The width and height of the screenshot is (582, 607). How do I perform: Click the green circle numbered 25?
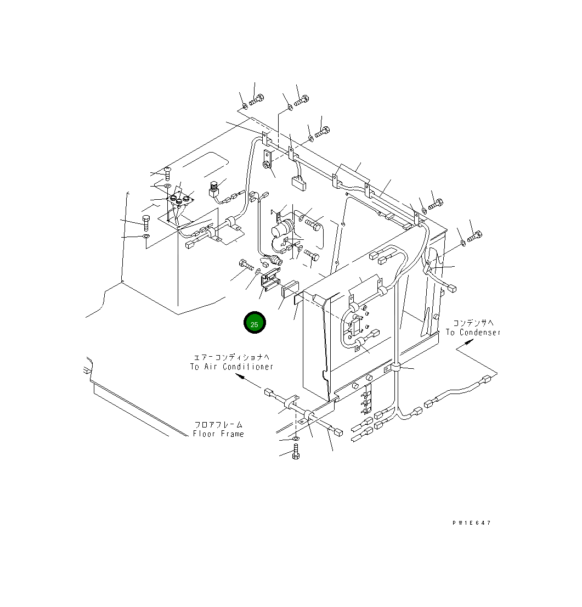pyautogui.click(x=254, y=323)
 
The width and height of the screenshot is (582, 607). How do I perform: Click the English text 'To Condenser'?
pyautogui.click(x=473, y=333)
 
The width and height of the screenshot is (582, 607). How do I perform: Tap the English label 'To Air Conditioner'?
pyautogui.click(x=232, y=367)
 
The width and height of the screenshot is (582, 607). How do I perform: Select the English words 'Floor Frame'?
pyautogui.click(x=219, y=434)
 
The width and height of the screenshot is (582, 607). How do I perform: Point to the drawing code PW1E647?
pyautogui.click(x=471, y=523)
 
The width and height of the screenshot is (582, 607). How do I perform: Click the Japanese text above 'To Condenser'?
pyautogui.click(x=473, y=323)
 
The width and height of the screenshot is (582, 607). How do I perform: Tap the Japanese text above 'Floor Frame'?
pyautogui.click(x=219, y=425)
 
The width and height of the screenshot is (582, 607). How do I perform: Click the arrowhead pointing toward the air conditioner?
pyautogui.click(x=240, y=376)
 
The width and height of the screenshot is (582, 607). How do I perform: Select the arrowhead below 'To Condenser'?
pyautogui.click(x=468, y=342)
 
